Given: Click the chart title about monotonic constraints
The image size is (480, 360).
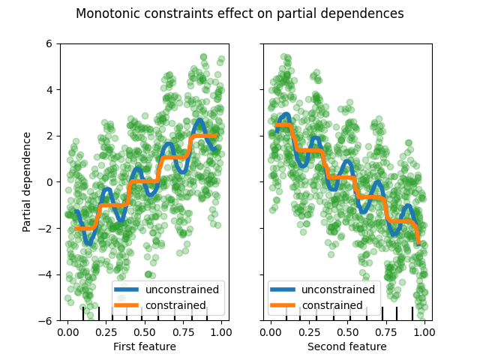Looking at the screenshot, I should pyautogui.click(x=240, y=13).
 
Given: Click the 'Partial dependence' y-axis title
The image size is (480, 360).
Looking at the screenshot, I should pyautogui.click(x=27, y=181).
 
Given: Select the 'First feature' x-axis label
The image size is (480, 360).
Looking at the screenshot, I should pyautogui.click(x=145, y=346).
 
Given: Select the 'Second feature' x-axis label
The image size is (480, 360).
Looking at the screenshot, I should pyautogui.click(x=347, y=346).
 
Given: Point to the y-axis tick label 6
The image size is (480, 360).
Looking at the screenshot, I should pyautogui.click(x=49, y=43).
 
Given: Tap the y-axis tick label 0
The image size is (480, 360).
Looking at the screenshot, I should pyautogui.click(x=49, y=181).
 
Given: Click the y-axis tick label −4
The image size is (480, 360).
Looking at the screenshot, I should pyautogui.click(x=46, y=274).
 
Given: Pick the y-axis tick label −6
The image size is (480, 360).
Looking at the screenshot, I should pyautogui.click(x=46, y=320).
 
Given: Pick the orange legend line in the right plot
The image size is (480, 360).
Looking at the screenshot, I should pyautogui.click(x=283, y=305).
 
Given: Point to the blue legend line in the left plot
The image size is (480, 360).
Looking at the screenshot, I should pyautogui.click(x=127, y=289).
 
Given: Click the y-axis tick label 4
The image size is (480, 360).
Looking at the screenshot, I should pyautogui.click(x=49, y=89).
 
